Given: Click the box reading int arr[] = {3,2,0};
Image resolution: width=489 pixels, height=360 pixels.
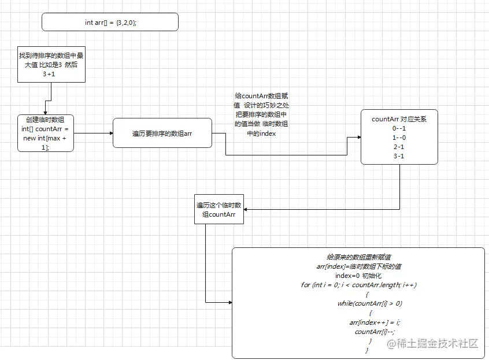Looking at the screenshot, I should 110,23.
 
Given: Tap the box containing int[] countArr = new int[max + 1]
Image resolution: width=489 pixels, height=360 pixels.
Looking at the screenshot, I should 46,133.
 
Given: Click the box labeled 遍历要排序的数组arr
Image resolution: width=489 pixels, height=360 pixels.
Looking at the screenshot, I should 162,133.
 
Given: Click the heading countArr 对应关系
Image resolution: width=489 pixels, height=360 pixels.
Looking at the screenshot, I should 399,119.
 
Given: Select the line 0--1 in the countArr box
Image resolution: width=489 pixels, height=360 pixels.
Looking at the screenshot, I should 399,128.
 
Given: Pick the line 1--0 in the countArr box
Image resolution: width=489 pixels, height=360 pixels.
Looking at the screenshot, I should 399,138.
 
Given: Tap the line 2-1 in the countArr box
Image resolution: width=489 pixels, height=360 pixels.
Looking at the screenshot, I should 399,147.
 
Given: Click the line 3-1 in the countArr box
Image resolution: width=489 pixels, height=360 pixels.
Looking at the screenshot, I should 399,156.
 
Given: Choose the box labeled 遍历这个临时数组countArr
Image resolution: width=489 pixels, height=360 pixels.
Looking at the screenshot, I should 219,209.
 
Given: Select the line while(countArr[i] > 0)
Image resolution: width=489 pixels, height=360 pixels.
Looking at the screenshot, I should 370,303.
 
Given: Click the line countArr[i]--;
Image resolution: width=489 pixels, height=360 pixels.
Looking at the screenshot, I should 370,331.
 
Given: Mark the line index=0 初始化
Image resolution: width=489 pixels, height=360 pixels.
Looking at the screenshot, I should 359,275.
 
